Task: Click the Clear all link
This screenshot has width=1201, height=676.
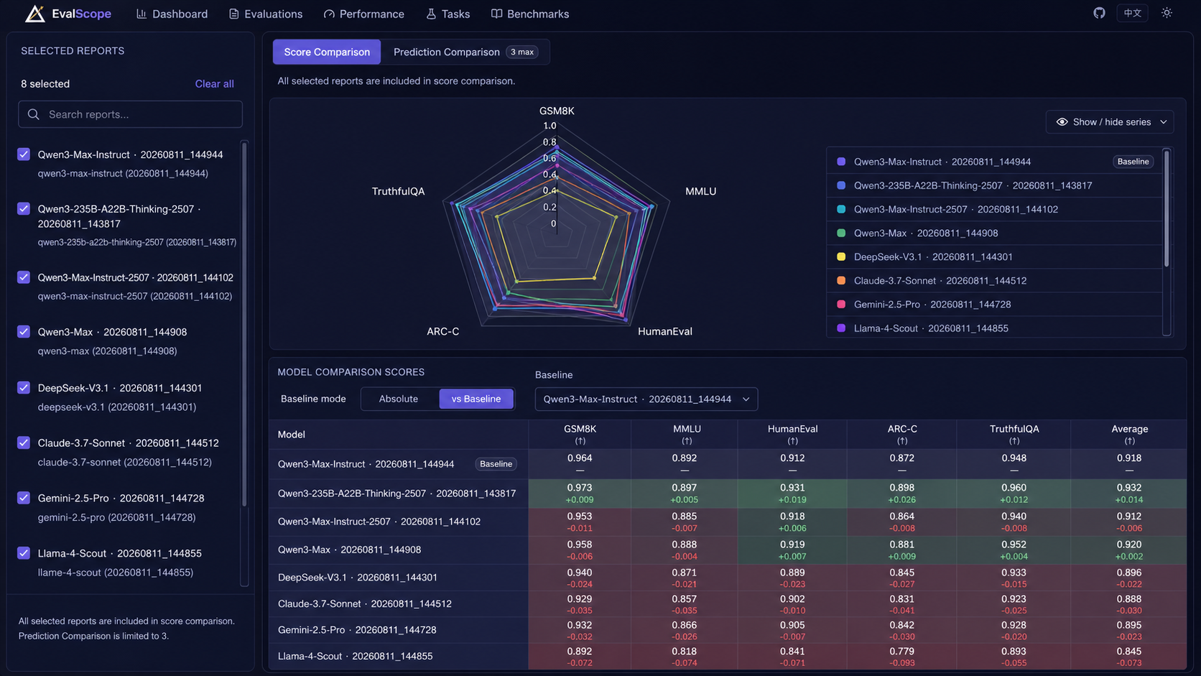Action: tap(214, 83)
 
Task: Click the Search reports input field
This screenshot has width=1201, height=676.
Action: tap(130, 114)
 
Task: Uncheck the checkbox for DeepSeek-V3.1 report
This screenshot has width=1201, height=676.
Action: tap(24, 388)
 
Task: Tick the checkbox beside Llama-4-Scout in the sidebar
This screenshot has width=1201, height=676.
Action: tap(24, 552)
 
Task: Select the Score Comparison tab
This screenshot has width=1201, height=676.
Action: tap(327, 52)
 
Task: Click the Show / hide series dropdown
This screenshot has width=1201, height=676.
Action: tap(1109, 122)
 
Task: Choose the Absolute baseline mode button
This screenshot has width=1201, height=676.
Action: tap(399, 399)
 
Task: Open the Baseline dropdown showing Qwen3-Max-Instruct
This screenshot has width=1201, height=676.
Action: tap(646, 399)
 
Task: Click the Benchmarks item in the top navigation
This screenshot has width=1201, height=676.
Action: tap(530, 14)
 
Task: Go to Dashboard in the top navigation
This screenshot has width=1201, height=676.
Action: tap(172, 14)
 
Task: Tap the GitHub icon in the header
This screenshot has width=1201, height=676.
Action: tap(1099, 13)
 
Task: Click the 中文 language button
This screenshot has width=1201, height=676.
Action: tap(1132, 13)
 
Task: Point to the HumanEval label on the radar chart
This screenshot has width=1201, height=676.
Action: tap(665, 331)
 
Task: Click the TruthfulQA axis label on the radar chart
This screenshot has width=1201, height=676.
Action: tap(399, 191)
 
